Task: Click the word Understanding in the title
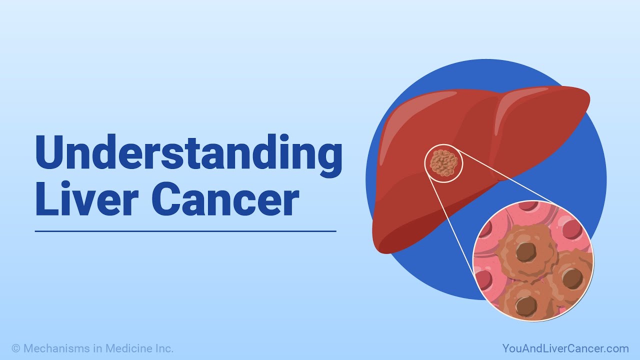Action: (x=188, y=153)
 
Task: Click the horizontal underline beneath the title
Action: (x=185, y=231)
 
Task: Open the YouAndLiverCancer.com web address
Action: (x=565, y=348)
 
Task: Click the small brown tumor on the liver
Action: (x=443, y=163)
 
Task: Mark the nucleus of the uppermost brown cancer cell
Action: (x=524, y=252)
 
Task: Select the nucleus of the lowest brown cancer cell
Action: (x=525, y=305)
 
